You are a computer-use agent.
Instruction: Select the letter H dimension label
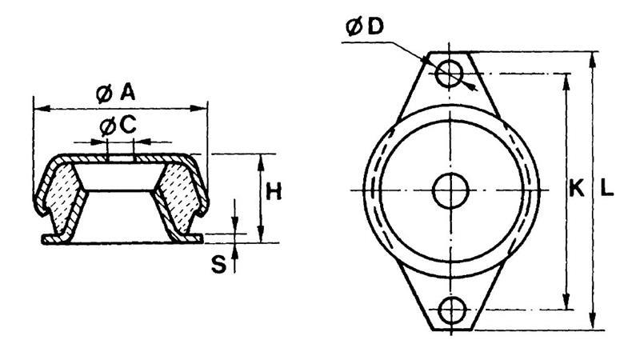274,192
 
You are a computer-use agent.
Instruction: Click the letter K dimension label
576,189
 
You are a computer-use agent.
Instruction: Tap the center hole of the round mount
450,190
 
